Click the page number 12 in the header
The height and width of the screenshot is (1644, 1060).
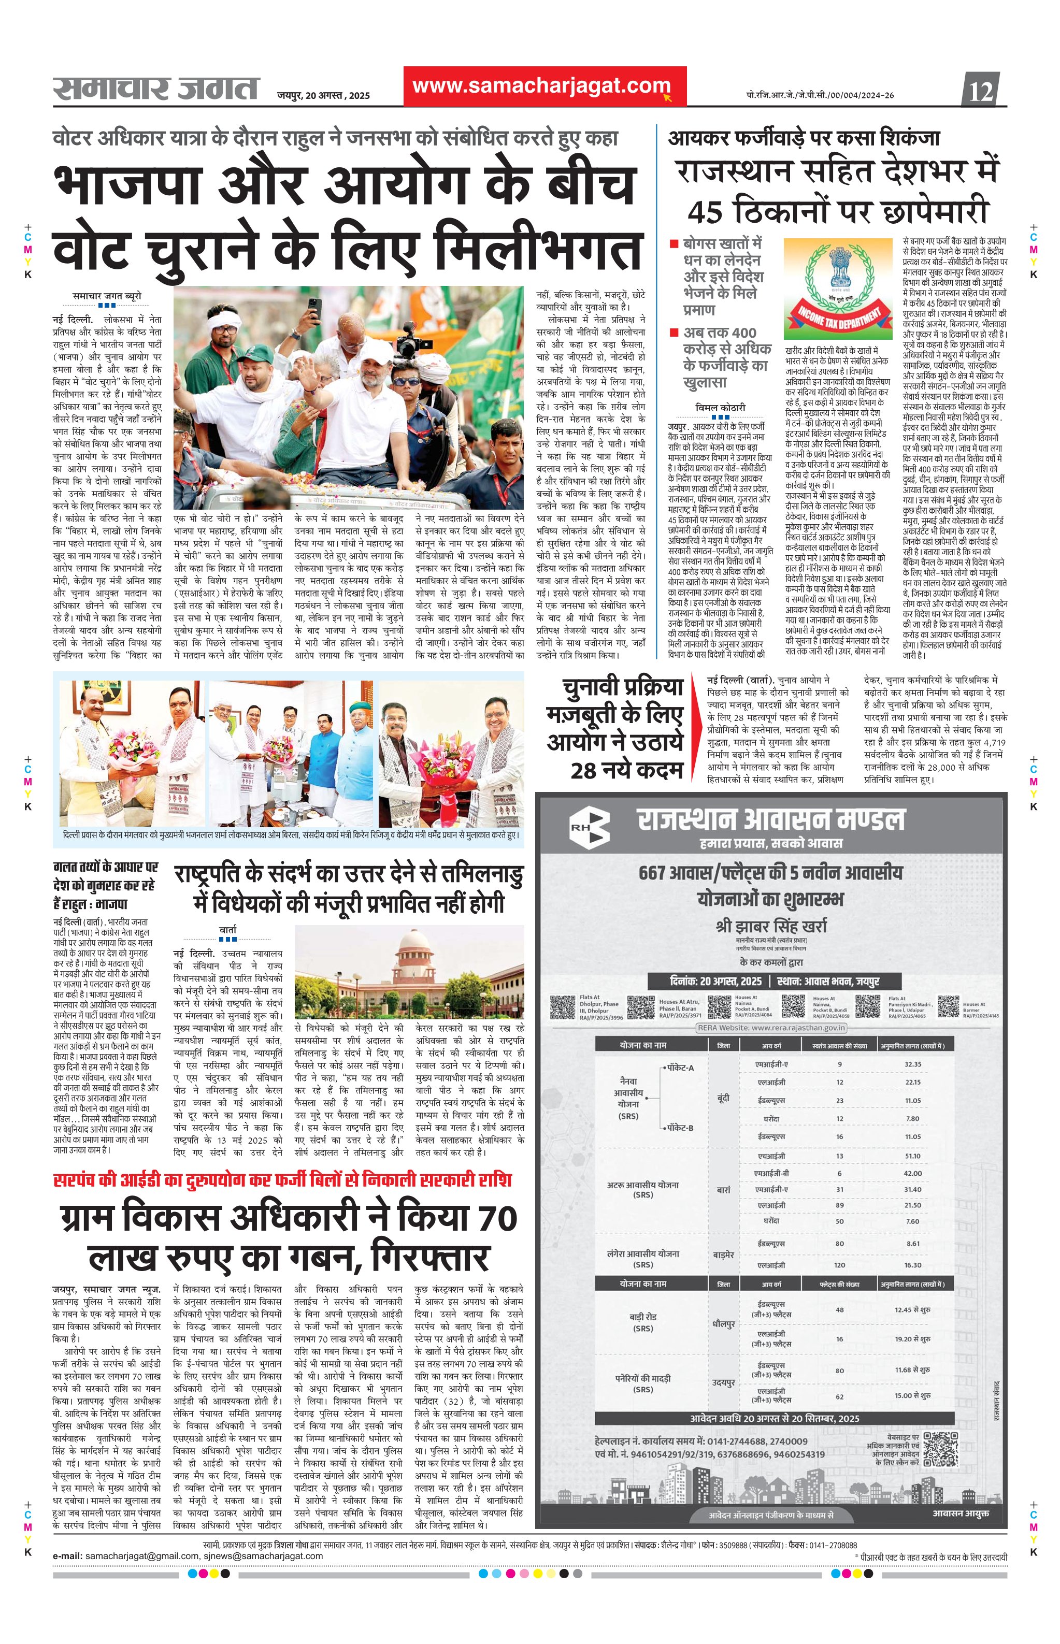[982, 91]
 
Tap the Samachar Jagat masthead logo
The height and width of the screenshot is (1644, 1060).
[156, 89]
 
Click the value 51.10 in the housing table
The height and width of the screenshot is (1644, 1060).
[913, 1156]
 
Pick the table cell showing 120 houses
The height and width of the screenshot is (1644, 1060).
[840, 1265]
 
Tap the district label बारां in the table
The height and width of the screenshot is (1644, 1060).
[723, 1190]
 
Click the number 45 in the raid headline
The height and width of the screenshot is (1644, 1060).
[704, 211]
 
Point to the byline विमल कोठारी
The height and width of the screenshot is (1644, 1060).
[720, 408]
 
